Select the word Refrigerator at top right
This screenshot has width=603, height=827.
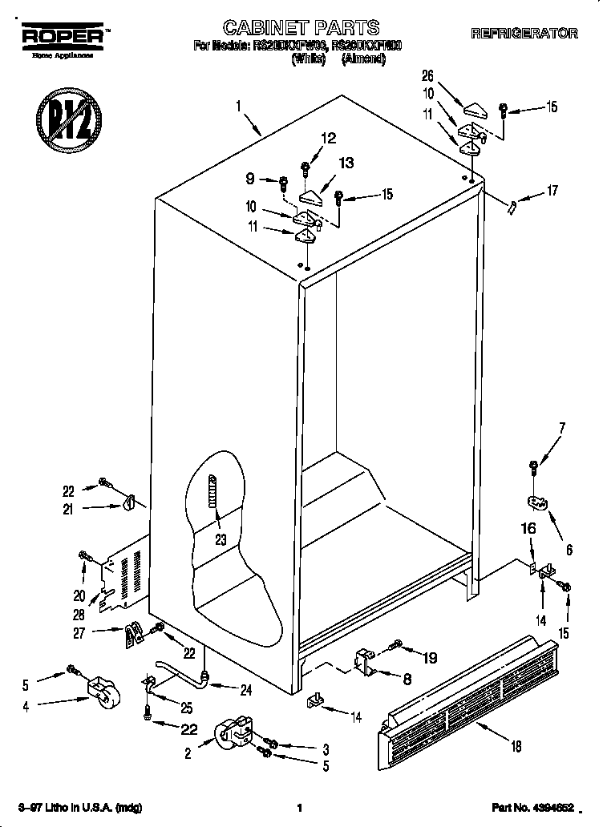[524, 34]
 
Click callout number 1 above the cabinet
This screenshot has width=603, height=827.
[237, 105]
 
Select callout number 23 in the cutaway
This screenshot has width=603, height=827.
[221, 539]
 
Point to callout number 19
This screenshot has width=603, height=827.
[429, 658]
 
